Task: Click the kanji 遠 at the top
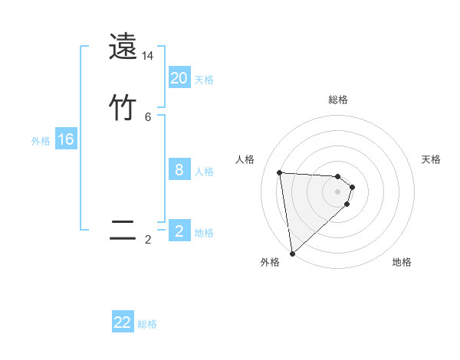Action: coord(123,47)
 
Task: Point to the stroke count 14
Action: coord(148,56)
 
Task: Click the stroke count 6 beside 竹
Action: coord(148,116)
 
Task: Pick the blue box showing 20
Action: coord(179,78)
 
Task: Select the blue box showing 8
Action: coord(179,170)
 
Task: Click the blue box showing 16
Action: coord(66,139)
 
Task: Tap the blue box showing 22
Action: coord(123,322)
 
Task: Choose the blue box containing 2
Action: coord(179,231)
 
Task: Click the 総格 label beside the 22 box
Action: coord(148,324)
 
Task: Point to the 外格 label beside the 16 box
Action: coord(41,141)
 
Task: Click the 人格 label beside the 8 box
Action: coord(205,172)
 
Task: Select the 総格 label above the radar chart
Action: coord(338,100)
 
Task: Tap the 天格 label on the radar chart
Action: coord(431,159)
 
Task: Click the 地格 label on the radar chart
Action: coord(402,262)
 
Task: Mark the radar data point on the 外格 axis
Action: coord(292,253)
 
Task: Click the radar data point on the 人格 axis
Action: coord(280,172)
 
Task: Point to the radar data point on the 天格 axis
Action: coord(353,187)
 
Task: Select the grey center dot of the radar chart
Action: coord(338,191)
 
